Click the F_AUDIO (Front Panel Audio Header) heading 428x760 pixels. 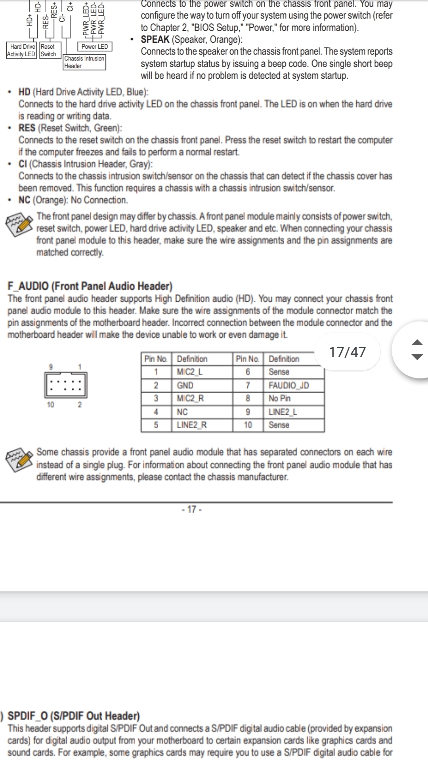(90, 286)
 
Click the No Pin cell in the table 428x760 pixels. (279, 399)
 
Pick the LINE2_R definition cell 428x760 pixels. (191, 425)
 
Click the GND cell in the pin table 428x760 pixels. (185, 386)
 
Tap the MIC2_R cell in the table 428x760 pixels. (190, 399)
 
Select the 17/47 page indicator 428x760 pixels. (348, 352)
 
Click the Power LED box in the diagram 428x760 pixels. (95, 47)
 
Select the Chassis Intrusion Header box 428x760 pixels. (84, 62)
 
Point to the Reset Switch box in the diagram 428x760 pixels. (48, 51)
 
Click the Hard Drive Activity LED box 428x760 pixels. (21, 51)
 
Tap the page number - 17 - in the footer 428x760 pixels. (192, 509)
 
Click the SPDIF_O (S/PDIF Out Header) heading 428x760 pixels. (74, 716)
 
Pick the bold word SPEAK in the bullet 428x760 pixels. (155, 40)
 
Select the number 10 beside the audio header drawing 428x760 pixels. (51, 405)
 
